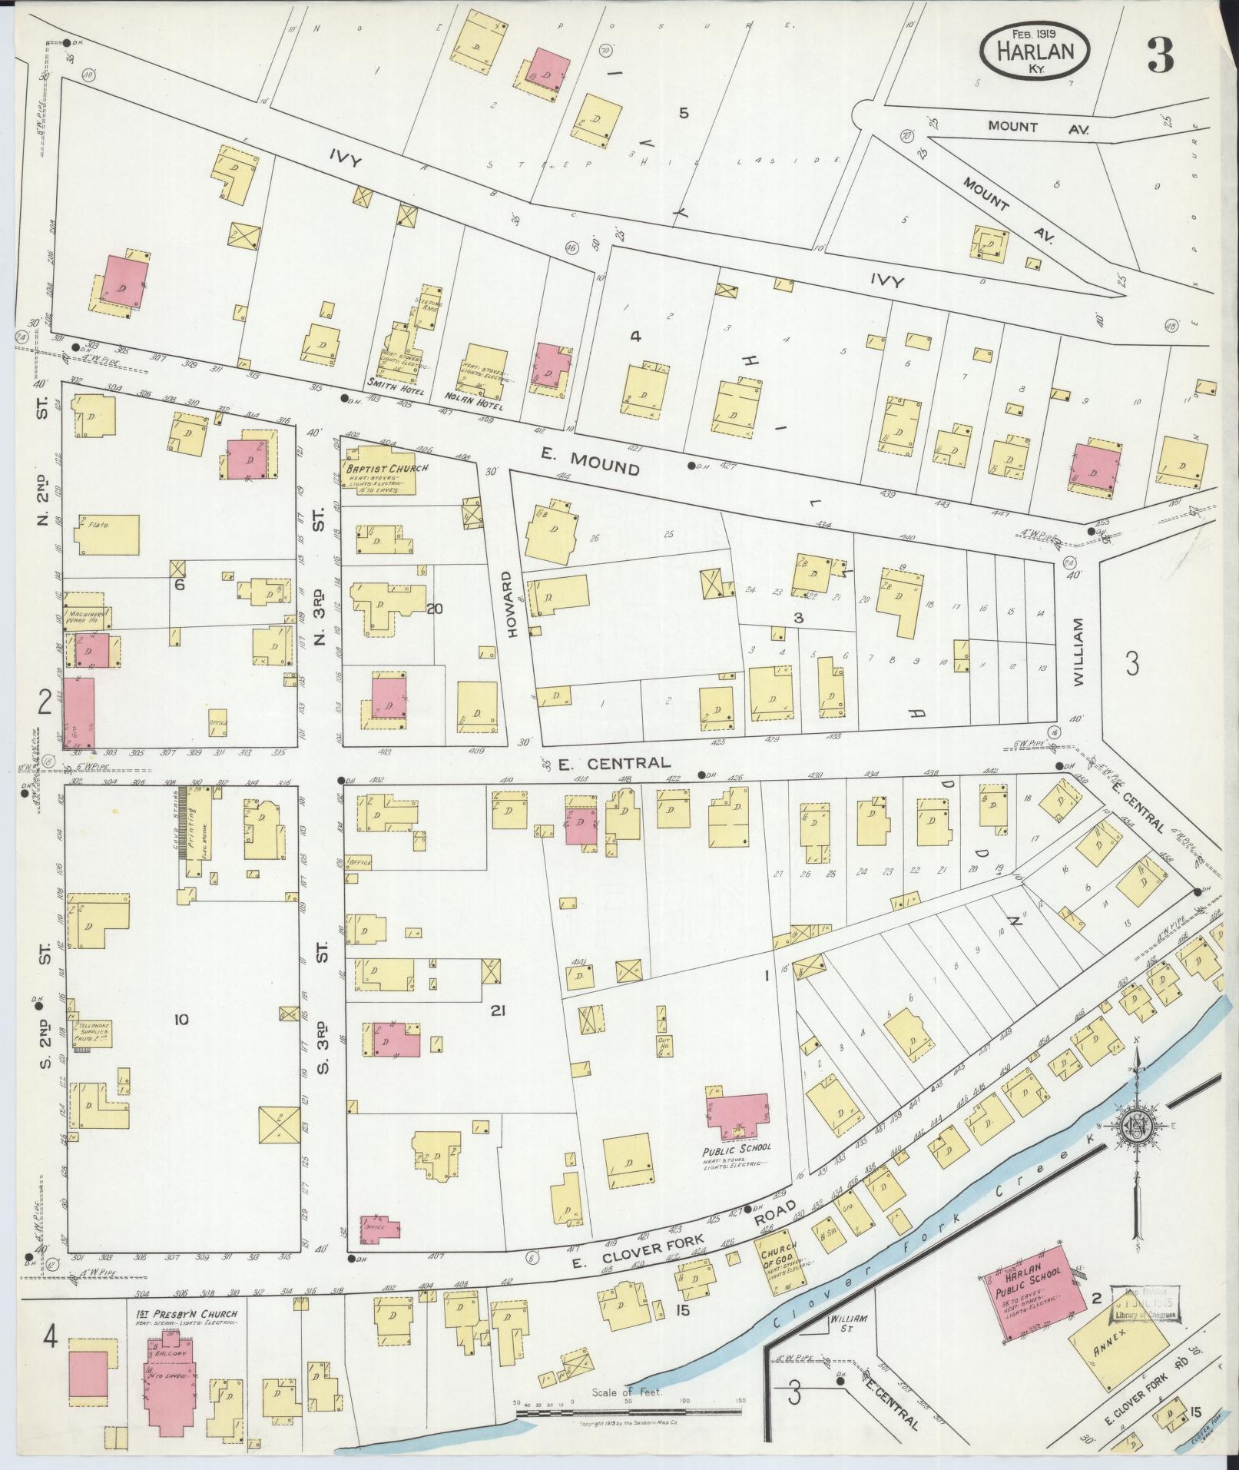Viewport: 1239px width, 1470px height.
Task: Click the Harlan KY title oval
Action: [x=1035, y=48]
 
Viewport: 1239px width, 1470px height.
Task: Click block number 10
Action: [x=181, y=1020]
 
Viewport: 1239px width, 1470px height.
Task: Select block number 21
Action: [x=499, y=1012]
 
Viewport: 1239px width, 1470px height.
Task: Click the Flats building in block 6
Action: [x=108, y=534]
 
